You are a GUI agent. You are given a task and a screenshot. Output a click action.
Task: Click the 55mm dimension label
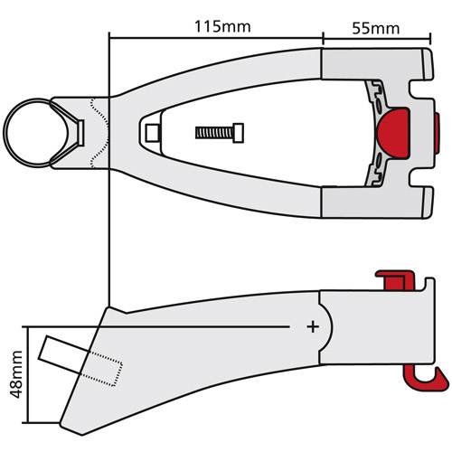373,26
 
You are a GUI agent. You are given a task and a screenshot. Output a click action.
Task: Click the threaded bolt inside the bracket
220,132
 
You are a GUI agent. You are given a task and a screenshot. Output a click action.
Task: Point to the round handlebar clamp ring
30,131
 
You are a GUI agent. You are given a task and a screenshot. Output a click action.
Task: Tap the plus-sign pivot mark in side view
314,325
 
